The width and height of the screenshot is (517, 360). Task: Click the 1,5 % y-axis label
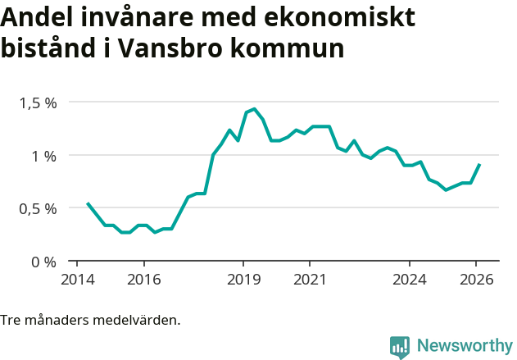click(x=38, y=103)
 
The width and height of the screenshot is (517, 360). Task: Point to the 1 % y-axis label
click(x=43, y=156)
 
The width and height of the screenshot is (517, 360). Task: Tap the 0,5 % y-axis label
click(x=38, y=208)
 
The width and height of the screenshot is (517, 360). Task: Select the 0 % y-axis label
click(x=43, y=262)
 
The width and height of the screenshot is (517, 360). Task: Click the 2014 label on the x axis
click(x=77, y=278)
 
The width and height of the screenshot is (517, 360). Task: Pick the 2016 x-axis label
click(x=143, y=278)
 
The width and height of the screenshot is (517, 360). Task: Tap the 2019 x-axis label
click(x=243, y=278)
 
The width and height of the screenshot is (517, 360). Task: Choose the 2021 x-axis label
click(x=310, y=278)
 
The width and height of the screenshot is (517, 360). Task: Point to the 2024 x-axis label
click(x=410, y=278)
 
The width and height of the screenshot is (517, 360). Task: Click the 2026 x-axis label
click(x=476, y=278)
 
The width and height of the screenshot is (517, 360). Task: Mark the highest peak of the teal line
click(x=255, y=109)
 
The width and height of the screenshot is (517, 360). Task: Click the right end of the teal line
click(x=479, y=164)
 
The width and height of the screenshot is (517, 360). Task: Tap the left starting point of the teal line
click(x=88, y=203)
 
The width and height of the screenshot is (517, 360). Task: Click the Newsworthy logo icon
click(x=400, y=347)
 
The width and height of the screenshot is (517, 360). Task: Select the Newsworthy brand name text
click(x=464, y=346)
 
